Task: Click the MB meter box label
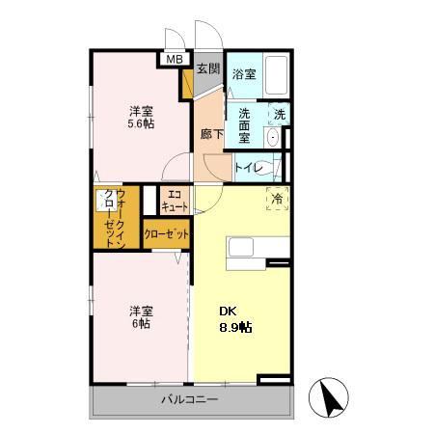pyautogui.click(x=175, y=59)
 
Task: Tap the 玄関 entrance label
pyautogui.click(x=208, y=68)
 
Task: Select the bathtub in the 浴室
pyautogui.click(x=276, y=75)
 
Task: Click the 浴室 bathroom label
pyautogui.click(x=244, y=74)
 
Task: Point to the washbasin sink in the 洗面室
pyautogui.click(x=273, y=138)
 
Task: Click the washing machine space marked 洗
pyautogui.click(x=280, y=114)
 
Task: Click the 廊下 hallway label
pyautogui.click(x=211, y=134)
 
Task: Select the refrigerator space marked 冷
pyautogui.click(x=278, y=199)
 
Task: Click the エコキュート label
pyautogui.click(x=175, y=201)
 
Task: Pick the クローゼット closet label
pyautogui.click(x=166, y=234)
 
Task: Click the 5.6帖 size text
pyautogui.click(x=141, y=123)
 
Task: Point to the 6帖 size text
pyautogui.click(x=141, y=323)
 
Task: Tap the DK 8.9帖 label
pyautogui.click(x=235, y=319)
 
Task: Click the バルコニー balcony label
pyautogui.click(x=190, y=399)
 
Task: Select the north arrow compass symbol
pyautogui.click(x=329, y=397)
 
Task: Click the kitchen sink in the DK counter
pyautogui.click(x=241, y=247)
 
